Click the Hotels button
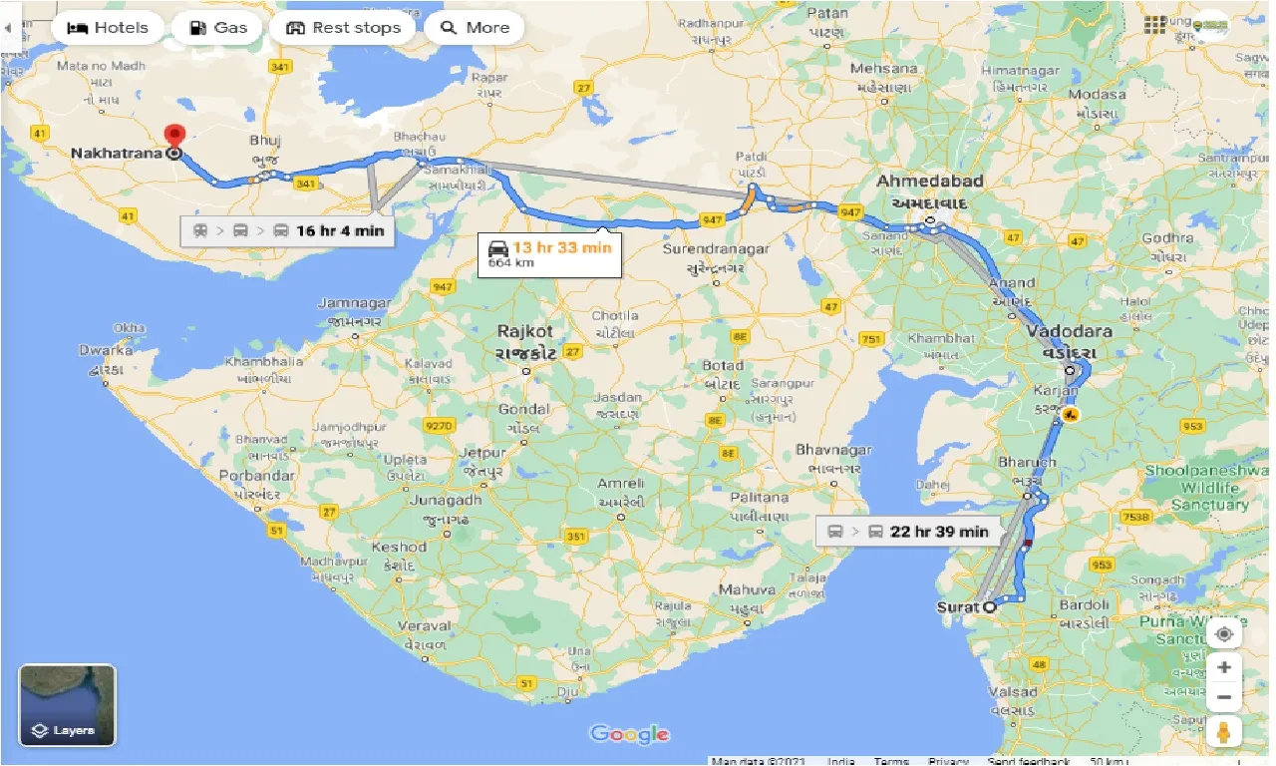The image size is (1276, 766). click(x=107, y=28)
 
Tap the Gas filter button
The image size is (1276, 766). click(x=217, y=28)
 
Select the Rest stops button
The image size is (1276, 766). click(x=343, y=28)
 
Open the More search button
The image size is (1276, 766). click(x=475, y=28)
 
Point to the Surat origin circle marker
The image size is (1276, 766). click(x=989, y=606)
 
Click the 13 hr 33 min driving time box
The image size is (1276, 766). click(x=549, y=254)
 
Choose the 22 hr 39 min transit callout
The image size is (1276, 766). click(x=908, y=532)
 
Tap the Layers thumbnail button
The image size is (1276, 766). click(x=68, y=705)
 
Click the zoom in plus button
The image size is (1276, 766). click(x=1224, y=667)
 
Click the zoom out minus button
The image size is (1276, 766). click(x=1224, y=697)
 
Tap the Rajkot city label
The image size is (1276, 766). click(x=524, y=330)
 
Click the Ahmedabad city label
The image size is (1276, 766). click(x=929, y=182)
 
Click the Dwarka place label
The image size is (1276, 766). click(x=107, y=350)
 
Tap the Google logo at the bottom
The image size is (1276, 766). click(x=629, y=735)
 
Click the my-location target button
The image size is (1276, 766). click(x=1224, y=634)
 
